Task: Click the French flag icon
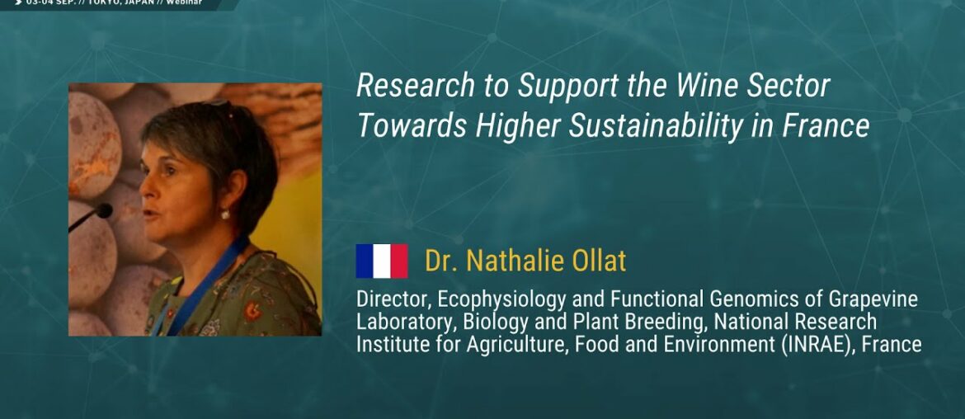pyautogui.click(x=381, y=261)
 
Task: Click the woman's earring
pyautogui.click(x=224, y=214)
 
